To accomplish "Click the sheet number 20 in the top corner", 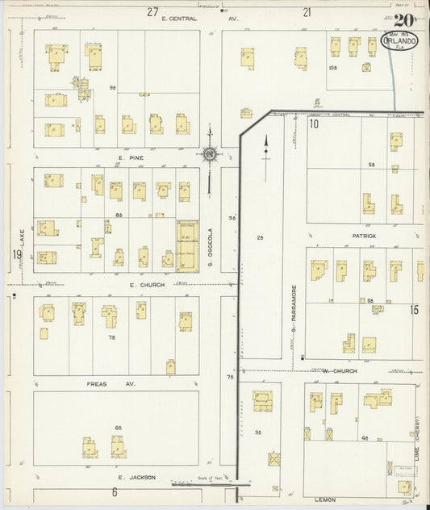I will coord(405,20).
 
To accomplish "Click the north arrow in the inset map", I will coord(265,146).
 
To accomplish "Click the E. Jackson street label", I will coord(132,477).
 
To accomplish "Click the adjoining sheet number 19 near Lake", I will coord(16,256).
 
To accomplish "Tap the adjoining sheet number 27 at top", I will coord(152,11).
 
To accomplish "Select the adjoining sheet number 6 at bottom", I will coord(115,492).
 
